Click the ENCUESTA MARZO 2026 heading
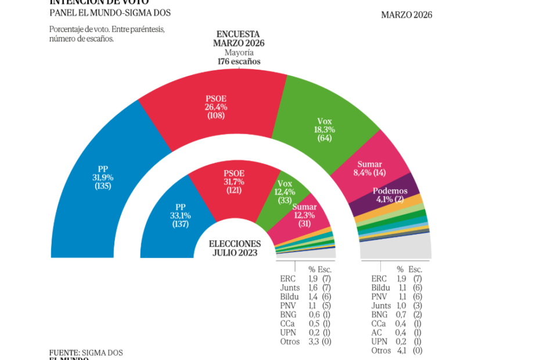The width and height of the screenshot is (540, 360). tap(238, 38)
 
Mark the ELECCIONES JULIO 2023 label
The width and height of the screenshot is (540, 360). tap(235, 248)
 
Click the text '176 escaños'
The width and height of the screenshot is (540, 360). tap(239, 61)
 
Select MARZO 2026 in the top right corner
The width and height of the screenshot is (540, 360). tap(406, 15)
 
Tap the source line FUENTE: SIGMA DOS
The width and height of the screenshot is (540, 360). tap(86, 352)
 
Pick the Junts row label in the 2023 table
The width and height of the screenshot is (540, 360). tap(290, 287)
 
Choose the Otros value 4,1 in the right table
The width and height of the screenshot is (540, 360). tap(400, 351)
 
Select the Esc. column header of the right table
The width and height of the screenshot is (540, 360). tap(415, 269)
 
